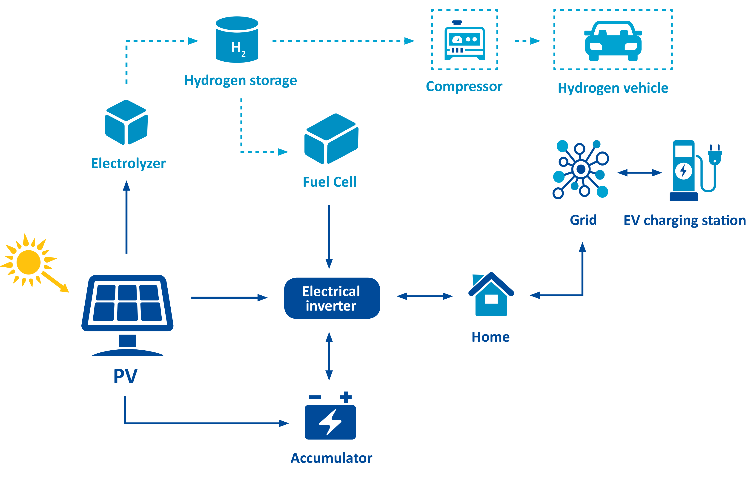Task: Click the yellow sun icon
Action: click(x=29, y=262)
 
